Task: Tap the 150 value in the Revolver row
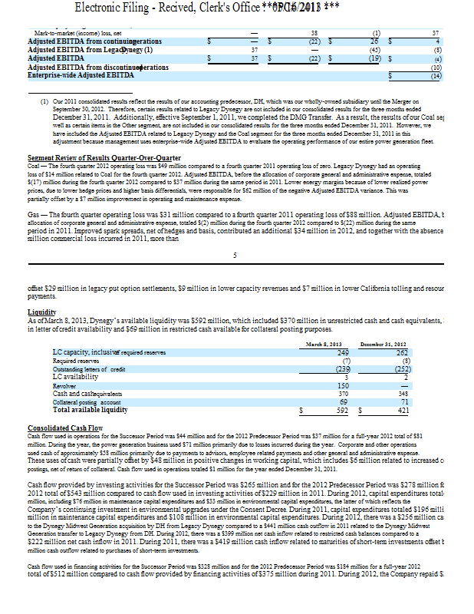[345, 385]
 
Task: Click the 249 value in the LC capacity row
[345, 352]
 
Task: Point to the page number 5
[235, 254]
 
